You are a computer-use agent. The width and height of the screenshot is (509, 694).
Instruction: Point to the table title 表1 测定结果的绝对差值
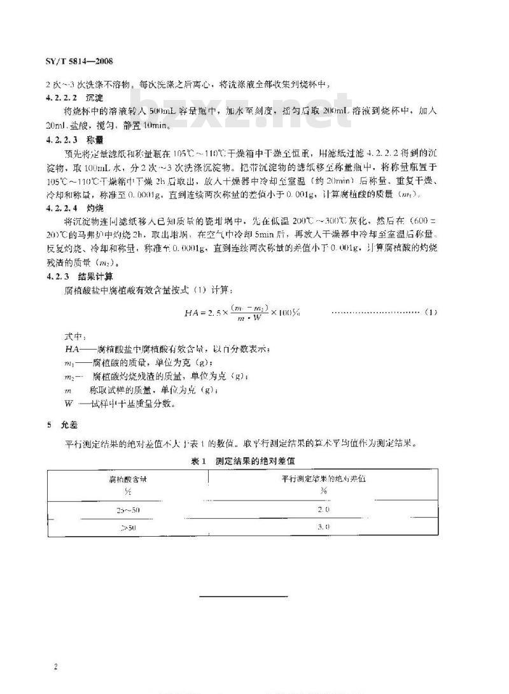coord(242,459)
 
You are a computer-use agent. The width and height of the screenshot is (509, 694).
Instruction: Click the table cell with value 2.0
coord(323,510)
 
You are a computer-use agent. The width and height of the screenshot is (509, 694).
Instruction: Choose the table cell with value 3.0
coord(323,527)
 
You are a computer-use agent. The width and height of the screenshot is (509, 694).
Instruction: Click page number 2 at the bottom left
coord(57,666)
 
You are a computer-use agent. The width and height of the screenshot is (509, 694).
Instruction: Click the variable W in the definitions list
coord(67,404)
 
